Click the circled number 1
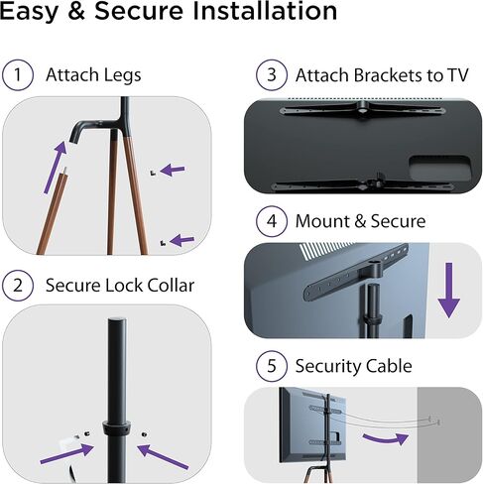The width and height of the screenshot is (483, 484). [x=17, y=74]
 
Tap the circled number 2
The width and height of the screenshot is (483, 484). [x=17, y=286]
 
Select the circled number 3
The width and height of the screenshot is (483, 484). [x=268, y=75]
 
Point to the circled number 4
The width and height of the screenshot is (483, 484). [x=268, y=221]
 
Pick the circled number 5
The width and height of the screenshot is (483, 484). [x=268, y=367]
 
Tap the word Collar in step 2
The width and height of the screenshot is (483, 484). [x=168, y=286]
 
